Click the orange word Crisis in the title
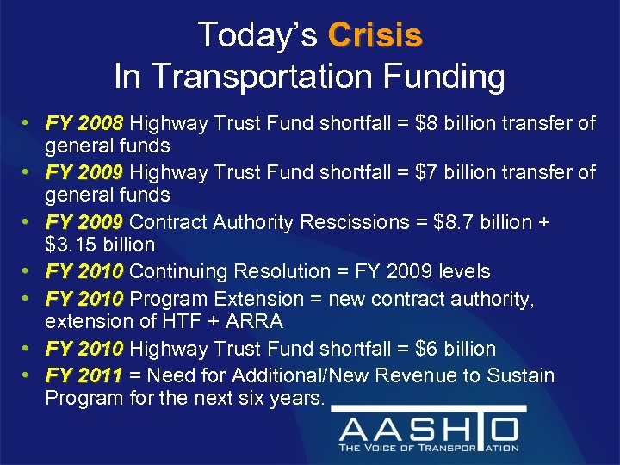375,35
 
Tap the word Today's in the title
258,35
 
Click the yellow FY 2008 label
85,124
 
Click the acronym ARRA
262,321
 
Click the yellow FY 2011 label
85,375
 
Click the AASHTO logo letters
428,428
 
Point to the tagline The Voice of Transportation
429,448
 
